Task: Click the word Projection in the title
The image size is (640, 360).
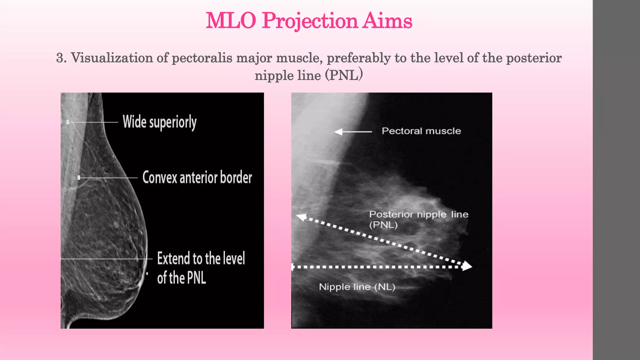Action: pyautogui.click(x=309, y=21)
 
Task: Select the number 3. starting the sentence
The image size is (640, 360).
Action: pyautogui.click(x=61, y=58)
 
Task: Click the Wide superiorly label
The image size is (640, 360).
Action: pyautogui.click(x=159, y=122)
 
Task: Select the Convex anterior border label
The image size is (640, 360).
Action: pyautogui.click(x=197, y=177)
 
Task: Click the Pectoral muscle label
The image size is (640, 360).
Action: pyautogui.click(x=421, y=131)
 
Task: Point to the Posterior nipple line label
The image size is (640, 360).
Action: pyautogui.click(x=418, y=215)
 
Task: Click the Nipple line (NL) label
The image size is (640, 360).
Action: pyautogui.click(x=357, y=287)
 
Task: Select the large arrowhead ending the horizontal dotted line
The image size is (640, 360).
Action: pyautogui.click(x=467, y=266)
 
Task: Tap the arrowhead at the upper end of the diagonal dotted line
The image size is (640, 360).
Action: pyautogui.click(x=302, y=217)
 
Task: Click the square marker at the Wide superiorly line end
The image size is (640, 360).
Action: pyautogui.click(x=68, y=122)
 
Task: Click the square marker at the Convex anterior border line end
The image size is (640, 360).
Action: pyautogui.click(x=79, y=177)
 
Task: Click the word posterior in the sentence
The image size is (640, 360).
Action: pyautogui.click(x=534, y=58)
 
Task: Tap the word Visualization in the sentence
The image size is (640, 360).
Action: pyautogui.click(x=111, y=58)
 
